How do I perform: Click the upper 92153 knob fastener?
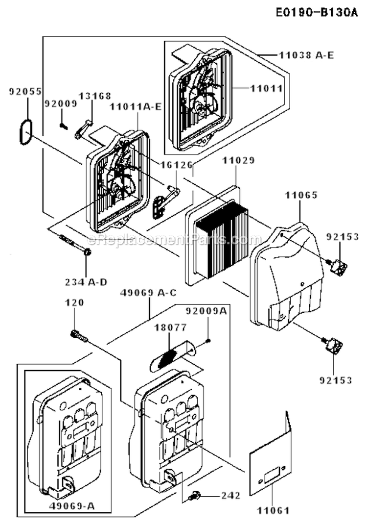pyautogui.click(x=338, y=267)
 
